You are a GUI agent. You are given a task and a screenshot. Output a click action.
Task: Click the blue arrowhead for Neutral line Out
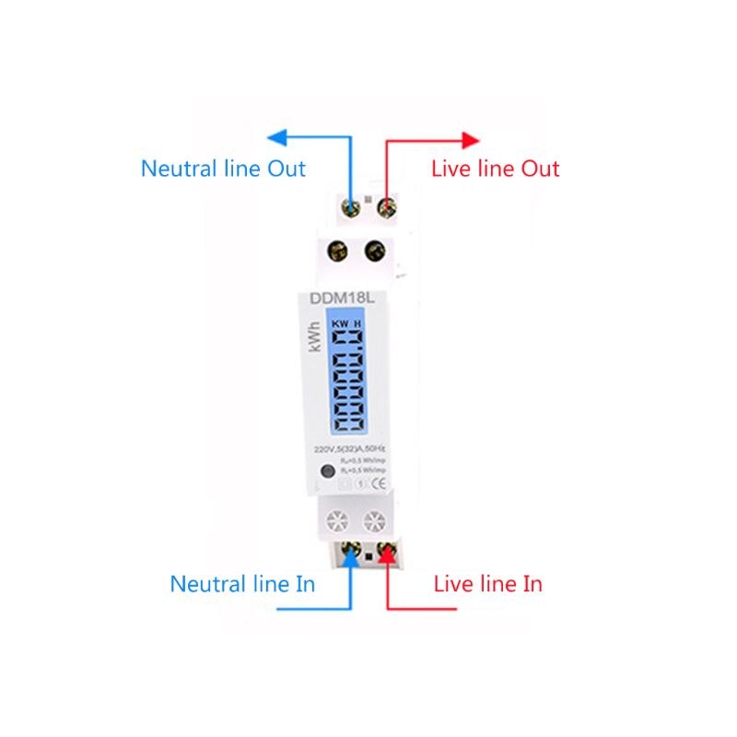tap(275, 139)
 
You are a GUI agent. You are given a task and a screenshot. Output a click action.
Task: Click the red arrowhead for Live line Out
tap(471, 140)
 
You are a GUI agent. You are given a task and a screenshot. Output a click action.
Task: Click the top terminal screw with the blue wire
tap(350, 204)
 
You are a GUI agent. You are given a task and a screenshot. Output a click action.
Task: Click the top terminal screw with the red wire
tap(385, 204)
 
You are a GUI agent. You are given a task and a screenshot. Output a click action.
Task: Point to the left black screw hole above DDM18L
tap(337, 250)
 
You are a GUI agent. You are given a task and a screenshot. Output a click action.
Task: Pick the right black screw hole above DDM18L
tap(375, 250)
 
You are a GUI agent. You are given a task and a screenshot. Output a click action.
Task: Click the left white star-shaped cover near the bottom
tap(334, 521)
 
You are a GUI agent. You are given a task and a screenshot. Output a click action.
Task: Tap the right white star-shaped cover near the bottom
tap(375, 521)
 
